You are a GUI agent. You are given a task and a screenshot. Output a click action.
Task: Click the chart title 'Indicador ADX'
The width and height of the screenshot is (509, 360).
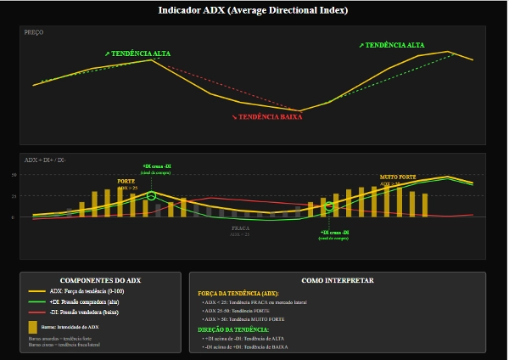254,10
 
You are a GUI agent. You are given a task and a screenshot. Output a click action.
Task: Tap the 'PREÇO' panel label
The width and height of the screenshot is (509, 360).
34,32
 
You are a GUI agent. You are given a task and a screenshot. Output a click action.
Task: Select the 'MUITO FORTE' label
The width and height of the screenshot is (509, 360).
398,177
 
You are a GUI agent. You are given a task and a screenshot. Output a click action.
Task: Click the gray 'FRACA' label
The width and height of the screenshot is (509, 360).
241,228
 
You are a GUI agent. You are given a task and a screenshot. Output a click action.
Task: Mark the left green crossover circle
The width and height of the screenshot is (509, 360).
152,196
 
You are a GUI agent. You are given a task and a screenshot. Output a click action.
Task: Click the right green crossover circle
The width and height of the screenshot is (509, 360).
330,206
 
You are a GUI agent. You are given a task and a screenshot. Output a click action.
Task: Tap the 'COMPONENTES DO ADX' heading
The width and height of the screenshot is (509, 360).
100,280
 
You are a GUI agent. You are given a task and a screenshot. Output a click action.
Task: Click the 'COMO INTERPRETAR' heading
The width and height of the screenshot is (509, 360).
338,280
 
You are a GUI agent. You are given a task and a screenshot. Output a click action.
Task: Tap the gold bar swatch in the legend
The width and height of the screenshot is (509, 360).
32,326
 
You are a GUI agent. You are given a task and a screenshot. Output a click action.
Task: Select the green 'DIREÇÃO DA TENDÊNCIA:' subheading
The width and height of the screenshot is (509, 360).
232,329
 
